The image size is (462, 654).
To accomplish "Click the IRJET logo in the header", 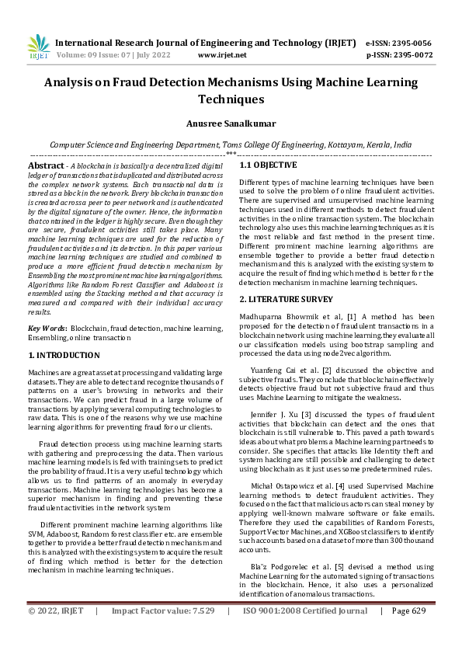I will pyautogui.click(x=38, y=47).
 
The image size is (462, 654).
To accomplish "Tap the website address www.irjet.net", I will pyautogui.click(x=222, y=55).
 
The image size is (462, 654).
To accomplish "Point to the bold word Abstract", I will pyautogui.click(x=46, y=166).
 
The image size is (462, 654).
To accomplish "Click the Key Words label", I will pyautogui.click(x=47, y=329).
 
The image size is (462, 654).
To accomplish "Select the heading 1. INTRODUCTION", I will pyautogui.click(x=65, y=354).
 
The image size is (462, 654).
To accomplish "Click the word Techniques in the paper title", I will pyautogui.click(x=231, y=99).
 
